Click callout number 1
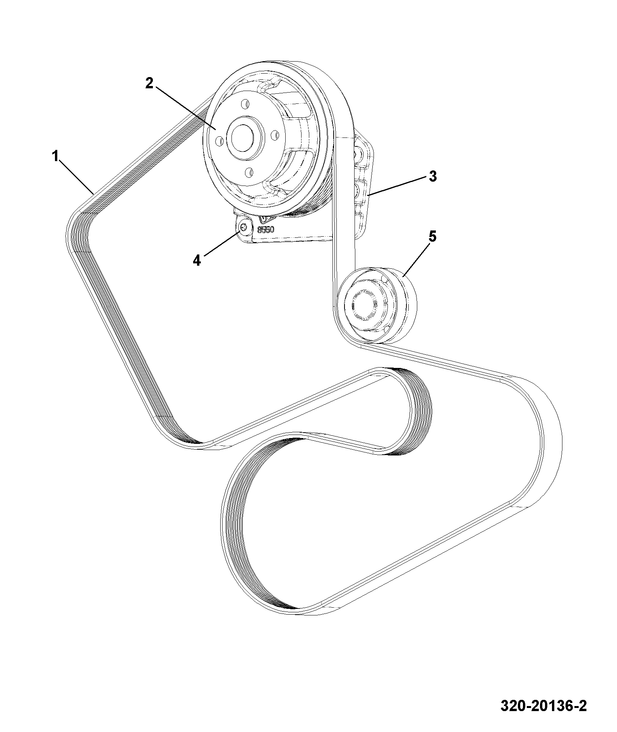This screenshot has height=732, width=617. coord(55,156)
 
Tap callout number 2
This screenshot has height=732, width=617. coord(149,83)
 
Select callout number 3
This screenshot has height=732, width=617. coord(433,176)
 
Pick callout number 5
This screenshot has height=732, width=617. coord(432,236)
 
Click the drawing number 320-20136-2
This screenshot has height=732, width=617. coord(543,706)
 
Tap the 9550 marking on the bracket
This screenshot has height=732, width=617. coord(266,229)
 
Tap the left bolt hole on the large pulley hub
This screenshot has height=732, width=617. coord(219,140)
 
